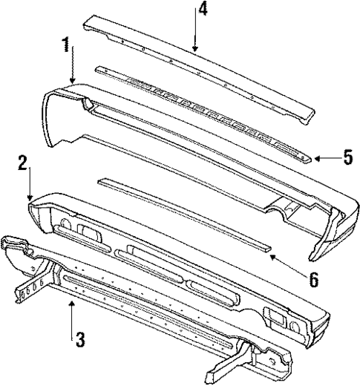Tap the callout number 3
[x=79, y=340]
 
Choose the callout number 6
[x=292, y=280]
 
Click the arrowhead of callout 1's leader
[x=73, y=82]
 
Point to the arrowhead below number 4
[x=194, y=50]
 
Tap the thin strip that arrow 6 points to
[x=186, y=215]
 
